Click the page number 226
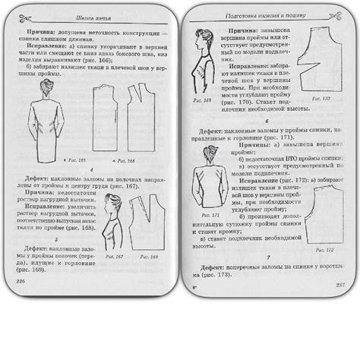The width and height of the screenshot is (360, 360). point(20,281)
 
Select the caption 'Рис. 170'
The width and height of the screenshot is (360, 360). point(323,99)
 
